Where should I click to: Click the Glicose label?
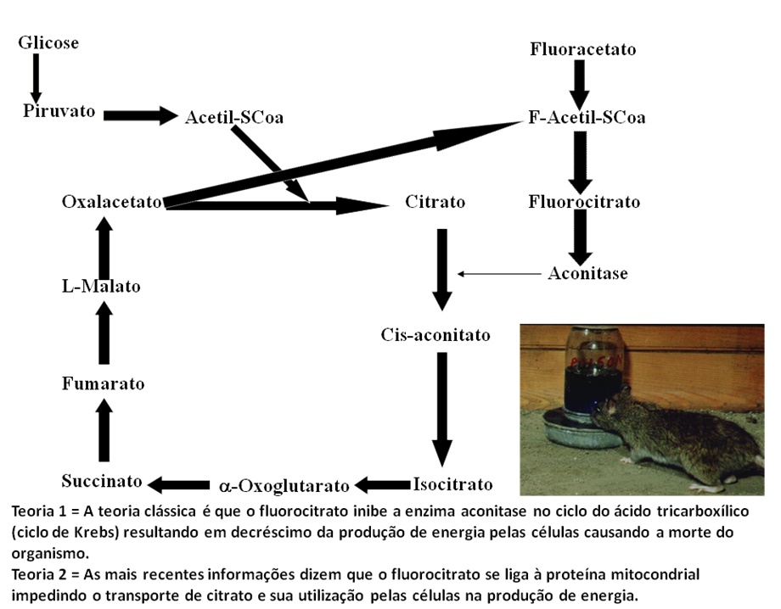click(48, 42)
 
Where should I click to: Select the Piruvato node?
click(59, 111)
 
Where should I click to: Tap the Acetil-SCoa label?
click(233, 117)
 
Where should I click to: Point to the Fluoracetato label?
click(582, 48)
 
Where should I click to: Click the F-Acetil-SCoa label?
click(587, 117)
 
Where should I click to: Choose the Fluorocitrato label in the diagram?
click(584, 202)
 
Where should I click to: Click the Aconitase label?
click(587, 273)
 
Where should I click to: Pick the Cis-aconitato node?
click(435, 335)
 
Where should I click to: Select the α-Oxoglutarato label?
click(284, 486)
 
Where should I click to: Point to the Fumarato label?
click(103, 383)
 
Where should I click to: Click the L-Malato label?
click(101, 286)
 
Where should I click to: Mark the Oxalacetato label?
click(112, 202)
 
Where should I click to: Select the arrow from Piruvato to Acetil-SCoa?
click(138, 115)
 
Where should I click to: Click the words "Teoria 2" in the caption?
click(39, 574)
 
